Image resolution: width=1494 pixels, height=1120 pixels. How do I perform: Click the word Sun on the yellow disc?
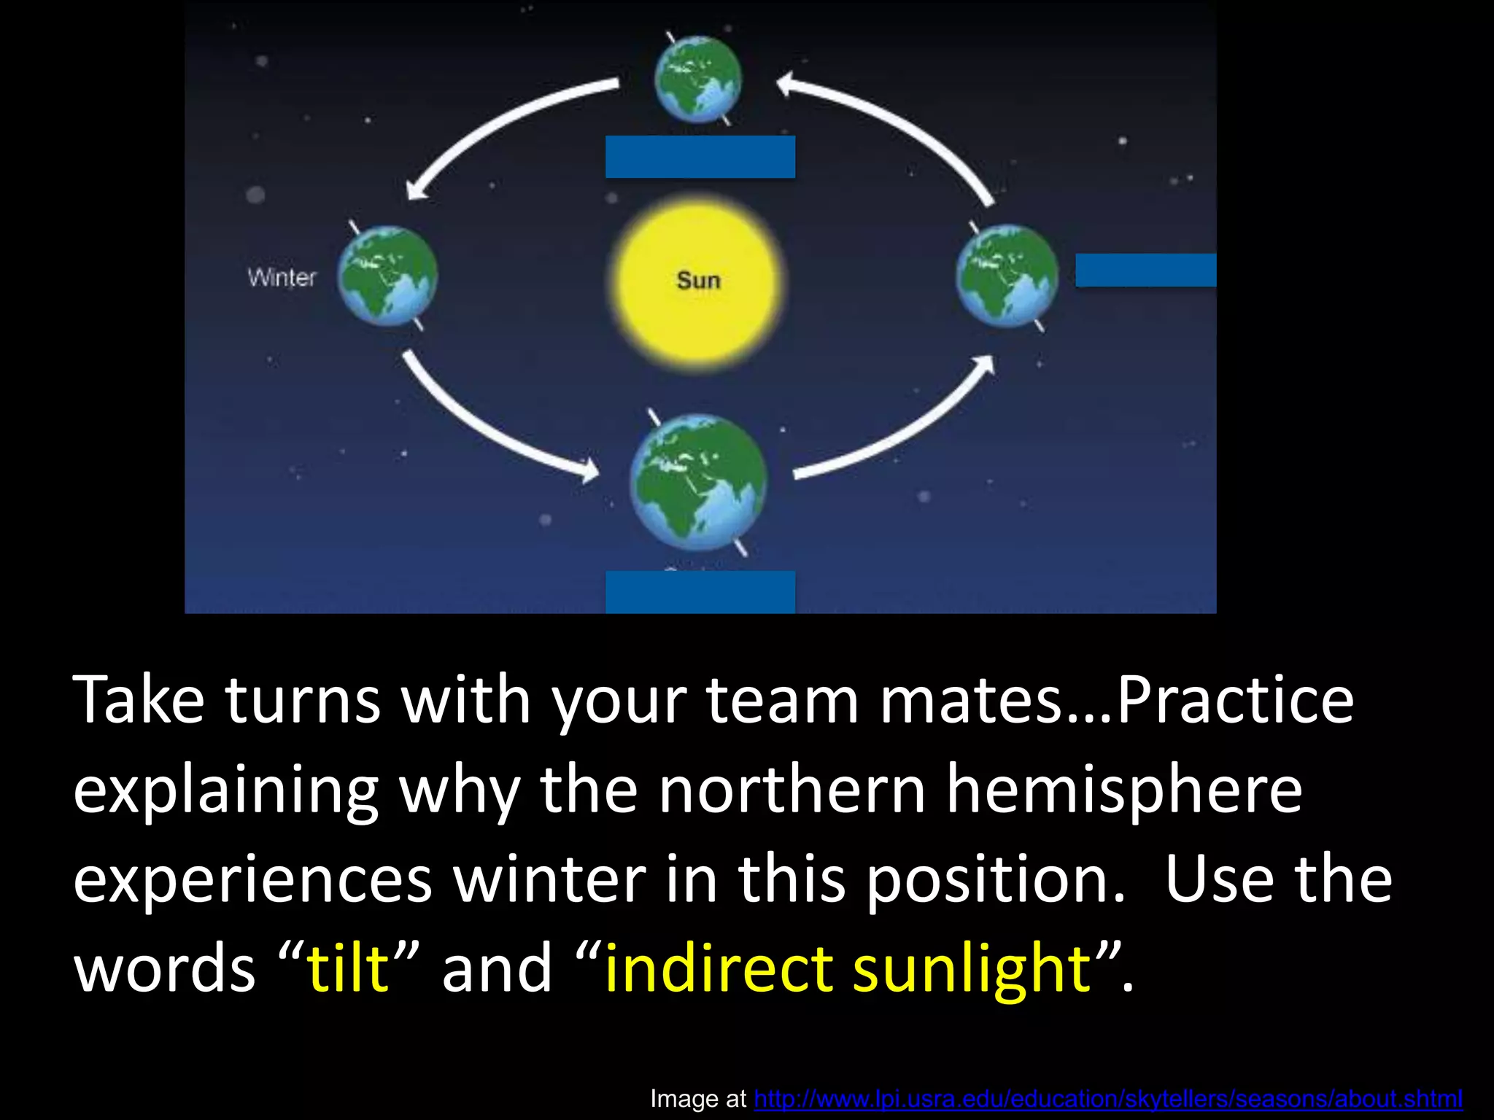pyautogui.click(x=698, y=281)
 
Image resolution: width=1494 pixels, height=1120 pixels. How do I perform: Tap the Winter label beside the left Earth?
pyautogui.click(x=282, y=278)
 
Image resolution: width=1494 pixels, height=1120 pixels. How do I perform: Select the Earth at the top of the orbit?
pyautogui.click(x=698, y=78)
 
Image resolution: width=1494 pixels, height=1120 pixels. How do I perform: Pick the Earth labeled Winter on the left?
pyautogui.click(x=387, y=276)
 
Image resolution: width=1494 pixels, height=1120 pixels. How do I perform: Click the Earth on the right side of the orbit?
pyautogui.click(x=1007, y=275)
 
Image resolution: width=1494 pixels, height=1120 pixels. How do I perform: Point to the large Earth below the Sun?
pyautogui.click(x=698, y=482)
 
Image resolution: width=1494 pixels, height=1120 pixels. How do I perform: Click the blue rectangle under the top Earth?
pyautogui.click(x=700, y=157)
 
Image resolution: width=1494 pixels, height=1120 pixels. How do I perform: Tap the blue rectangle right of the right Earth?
pyautogui.click(x=1145, y=271)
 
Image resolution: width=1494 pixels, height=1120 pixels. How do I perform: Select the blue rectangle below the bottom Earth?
pyautogui.click(x=700, y=591)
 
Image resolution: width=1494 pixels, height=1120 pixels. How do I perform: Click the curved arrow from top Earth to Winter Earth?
pyautogui.click(x=496, y=124)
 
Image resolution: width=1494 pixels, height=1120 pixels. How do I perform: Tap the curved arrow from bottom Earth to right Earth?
pyautogui.click(x=905, y=430)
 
